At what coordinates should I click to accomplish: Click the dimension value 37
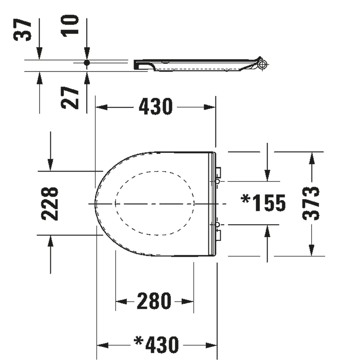pyautogui.click(x=22, y=30)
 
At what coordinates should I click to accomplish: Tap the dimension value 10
pyautogui.click(x=70, y=25)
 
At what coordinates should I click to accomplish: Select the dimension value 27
pyautogui.click(x=70, y=98)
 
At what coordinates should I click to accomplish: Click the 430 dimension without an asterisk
pyautogui.click(x=155, y=107)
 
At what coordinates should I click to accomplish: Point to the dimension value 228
pyautogui.click(x=50, y=204)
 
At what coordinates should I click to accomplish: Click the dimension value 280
pyautogui.click(x=154, y=301)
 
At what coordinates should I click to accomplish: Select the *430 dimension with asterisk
pyautogui.click(x=156, y=345)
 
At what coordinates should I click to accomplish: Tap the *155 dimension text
pyautogui.click(x=263, y=202)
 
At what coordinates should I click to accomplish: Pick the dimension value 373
pyautogui.click(x=311, y=204)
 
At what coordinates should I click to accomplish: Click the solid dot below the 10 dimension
pyautogui.click(x=87, y=63)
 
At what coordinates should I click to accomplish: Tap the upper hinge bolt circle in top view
pyautogui.click(x=217, y=181)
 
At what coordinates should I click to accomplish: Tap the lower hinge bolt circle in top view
pyautogui.click(x=217, y=224)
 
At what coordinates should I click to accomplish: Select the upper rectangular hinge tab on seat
pyautogui.click(x=219, y=172)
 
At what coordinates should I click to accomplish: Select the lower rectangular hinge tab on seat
pyautogui.click(x=219, y=235)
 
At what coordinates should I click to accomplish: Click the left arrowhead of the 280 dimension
pyautogui.click(x=121, y=301)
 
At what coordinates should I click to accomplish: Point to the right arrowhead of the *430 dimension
pyautogui.click(x=211, y=345)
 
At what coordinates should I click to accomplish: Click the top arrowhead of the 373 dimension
pyautogui.click(x=311, y=158)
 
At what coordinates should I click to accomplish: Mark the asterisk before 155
pyautogui.click(x=245, y=199)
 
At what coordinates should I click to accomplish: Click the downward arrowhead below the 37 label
pyautogui.click(x=39, y=53)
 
